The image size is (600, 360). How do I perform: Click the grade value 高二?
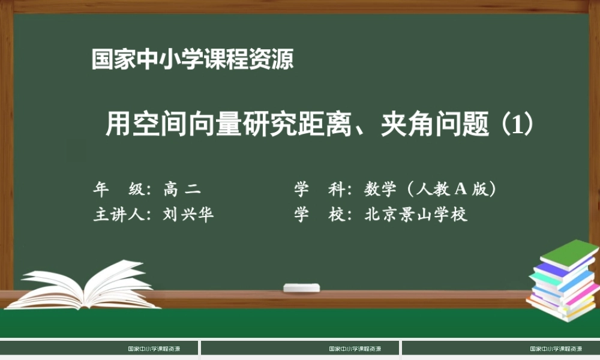pyautogui.click(x=182, y=190)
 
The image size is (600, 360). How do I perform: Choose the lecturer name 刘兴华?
pyautogui.click(x=188, y=215)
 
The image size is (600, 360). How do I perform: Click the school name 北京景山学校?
pyautogui.click(x=416, y=215)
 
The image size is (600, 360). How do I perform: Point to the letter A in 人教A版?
pyautogui.click(x=460, y=190)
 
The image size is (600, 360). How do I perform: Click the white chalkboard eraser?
pyautogui.click(x=302, y=288)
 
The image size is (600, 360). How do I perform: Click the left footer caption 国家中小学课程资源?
pyautogui.click(x=154, y=349)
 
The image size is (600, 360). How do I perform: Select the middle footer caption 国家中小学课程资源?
pyautogui.click(x=355, y=349)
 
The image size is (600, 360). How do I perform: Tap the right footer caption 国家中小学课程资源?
pyautogui.click(x=556, y=349)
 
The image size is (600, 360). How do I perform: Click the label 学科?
pyautogui.click(x=318, y=190)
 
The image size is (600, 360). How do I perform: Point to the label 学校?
pyautogui.click(x=318, y=215)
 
